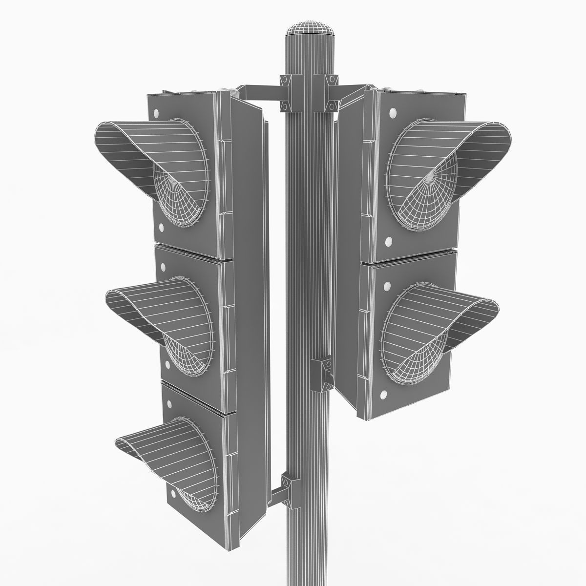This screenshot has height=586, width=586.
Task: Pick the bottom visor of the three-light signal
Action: pyautogui.click(x=156, y=439)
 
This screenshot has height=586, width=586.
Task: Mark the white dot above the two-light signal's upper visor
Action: pyautogui.click(x=393, y=114)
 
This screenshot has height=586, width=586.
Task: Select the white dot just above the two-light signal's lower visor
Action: pyautogui.click(x=387, y=285)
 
